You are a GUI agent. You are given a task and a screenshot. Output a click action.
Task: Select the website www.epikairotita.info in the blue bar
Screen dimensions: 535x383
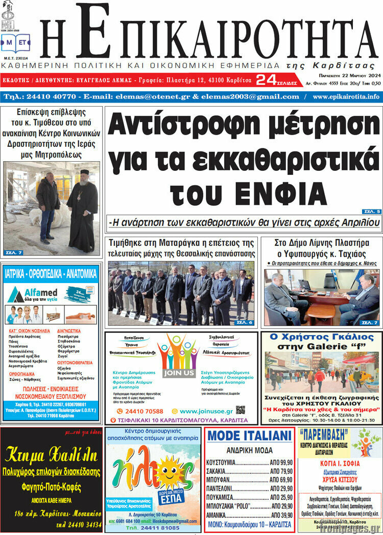coord(346,96)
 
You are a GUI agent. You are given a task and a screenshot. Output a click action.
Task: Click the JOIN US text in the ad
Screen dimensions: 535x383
coord(179,373)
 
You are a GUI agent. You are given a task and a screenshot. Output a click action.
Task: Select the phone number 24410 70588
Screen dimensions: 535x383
coord(140,411)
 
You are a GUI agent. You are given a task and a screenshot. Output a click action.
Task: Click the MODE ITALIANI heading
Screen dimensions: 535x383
coord(249,436)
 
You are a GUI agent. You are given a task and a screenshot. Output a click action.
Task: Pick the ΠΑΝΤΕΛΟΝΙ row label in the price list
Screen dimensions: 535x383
coord(222,488)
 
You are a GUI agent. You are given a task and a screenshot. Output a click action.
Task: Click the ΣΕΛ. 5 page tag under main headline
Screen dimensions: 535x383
coord(371,211)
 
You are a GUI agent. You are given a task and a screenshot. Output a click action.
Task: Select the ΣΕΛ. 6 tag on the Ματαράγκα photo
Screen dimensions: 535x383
coord(244,322)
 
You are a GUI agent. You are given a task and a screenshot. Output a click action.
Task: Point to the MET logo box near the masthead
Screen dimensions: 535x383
coord(15,44)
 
